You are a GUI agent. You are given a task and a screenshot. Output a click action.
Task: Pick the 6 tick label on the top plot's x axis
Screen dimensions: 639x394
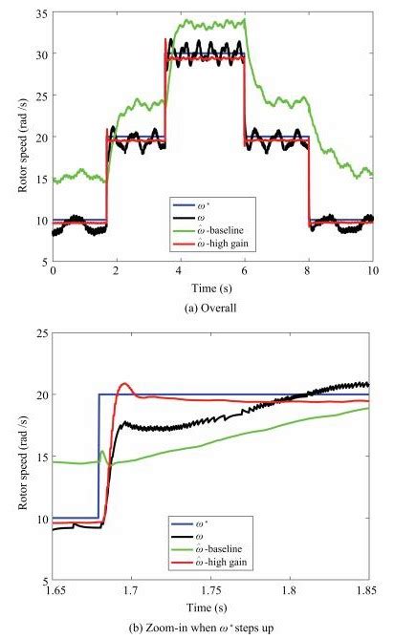click(244, 271)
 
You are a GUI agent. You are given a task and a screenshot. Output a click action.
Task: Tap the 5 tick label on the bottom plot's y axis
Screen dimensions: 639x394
click(41, 580)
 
